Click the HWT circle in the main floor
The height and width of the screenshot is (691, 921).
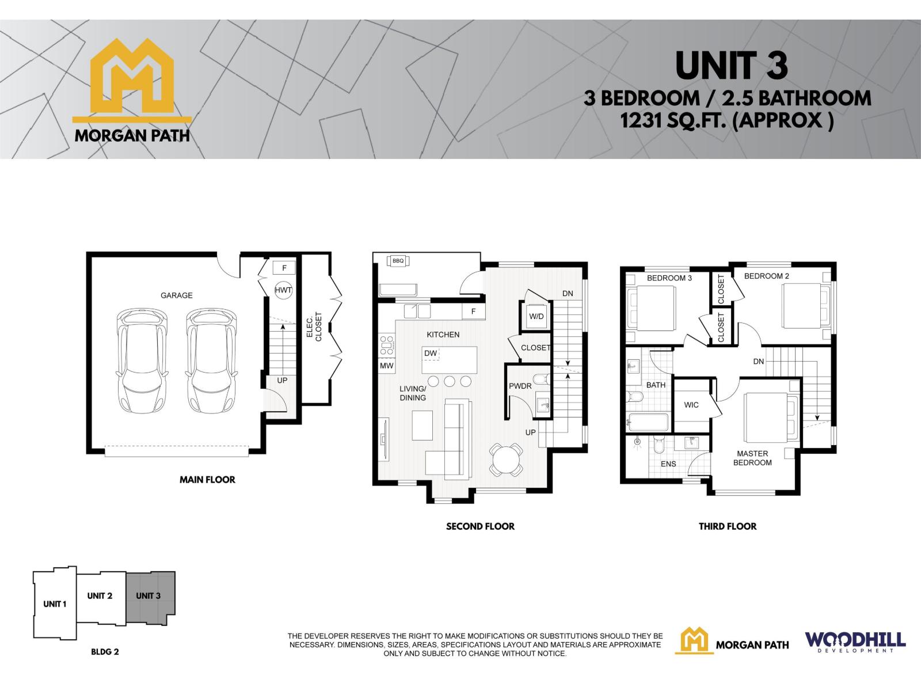pyautogui.click(x=283, y=290)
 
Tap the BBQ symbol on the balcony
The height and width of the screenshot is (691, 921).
pyautogui.click(x=398, y=260)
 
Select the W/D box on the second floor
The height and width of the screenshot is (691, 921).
pyautogui.click(x=536, y=316)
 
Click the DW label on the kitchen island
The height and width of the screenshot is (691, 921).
pyautogui.click(x=431, y=353)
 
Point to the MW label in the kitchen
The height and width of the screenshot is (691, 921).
pyautogui.click(x=386, y=366)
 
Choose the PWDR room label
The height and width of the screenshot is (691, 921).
pyautogui.click(x=520, y=386)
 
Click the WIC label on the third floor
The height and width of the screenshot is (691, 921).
pyautogui.click(x=691, y=405)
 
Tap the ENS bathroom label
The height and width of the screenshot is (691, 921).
pyautogui.click(x=668, y=464)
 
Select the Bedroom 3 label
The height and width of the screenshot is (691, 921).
pyautogui.click(x=669, y=278)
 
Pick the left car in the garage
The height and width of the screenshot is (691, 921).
pyautogui.click(x=142, y=361)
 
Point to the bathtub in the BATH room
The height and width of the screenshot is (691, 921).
pyautogui.click(x=648, y=423)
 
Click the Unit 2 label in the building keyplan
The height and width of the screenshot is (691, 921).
pyautogui.click(x=100, y=596)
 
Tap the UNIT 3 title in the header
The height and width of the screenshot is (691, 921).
pyautogui.click(x=732, y=66)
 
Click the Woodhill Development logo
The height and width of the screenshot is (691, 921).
pyautogui.click(x=855, y=642)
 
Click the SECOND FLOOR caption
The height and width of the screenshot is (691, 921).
pyautogui.click(x=481, y=526)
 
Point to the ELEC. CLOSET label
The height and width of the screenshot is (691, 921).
pyautogui.click(x=314, y=327)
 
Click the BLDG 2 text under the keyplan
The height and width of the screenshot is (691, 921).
pyautogui.click(x=105, y=652)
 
